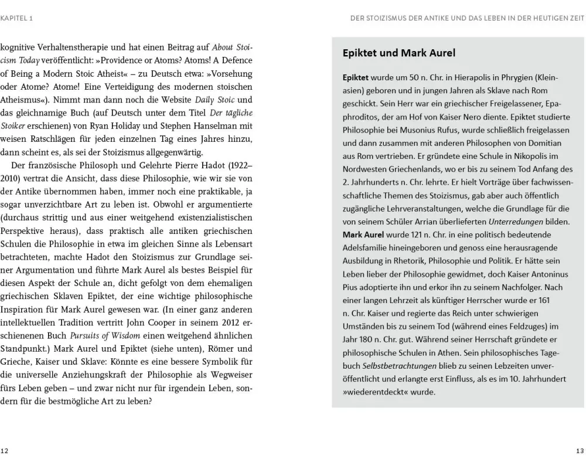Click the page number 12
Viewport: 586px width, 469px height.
pyautogui.click(x=5, y=450)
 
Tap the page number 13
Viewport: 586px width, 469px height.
pyautogui.click(x=580, y=450)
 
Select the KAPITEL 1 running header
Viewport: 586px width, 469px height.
pyautogui.click(x=16, y=18)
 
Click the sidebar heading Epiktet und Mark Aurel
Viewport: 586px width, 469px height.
pyautogui.click(x=399, y=53)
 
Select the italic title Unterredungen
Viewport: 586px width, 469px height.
pyautogui.click(x=506, y=222)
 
